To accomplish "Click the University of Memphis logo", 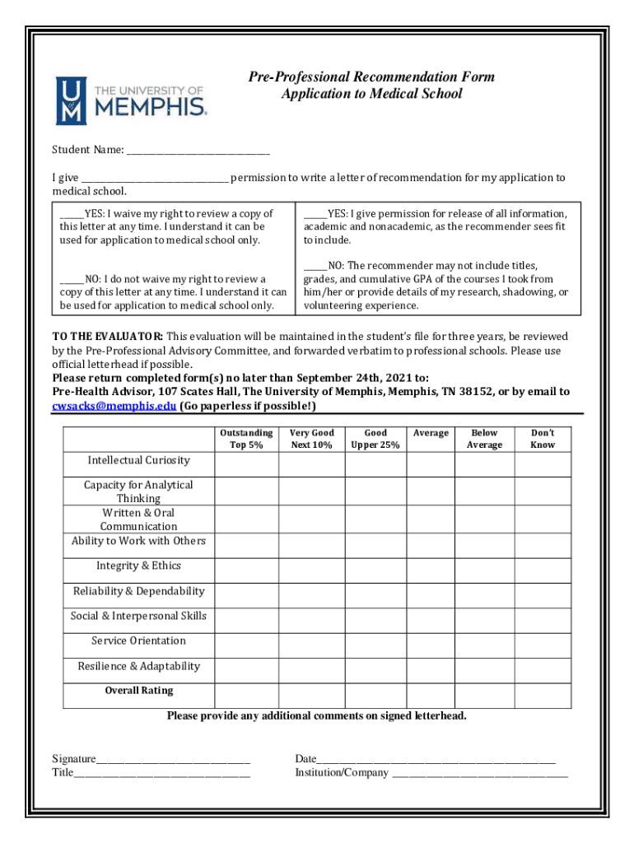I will click(x=131, y=100).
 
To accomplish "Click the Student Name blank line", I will click(x=198, y=152).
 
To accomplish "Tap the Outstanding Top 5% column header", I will click(x=246, y=439).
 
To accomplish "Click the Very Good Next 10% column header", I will click(x=311, y=439).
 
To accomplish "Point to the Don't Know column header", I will click(x=543, y=439).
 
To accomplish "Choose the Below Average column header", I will click(x=484, y=439).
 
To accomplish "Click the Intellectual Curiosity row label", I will click(x=138, y=460).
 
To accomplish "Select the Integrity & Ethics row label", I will click(x=138, y=566).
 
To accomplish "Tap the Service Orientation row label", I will click(x=138, y=640).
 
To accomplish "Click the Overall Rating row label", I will click(x=138, y=691).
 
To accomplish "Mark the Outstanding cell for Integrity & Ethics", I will click(x=246, y=567).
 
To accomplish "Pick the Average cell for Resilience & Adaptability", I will click(x=430, y=668).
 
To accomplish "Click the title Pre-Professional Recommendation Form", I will click(x=371, y=77).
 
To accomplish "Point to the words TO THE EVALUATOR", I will click(x=107, y=337).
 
